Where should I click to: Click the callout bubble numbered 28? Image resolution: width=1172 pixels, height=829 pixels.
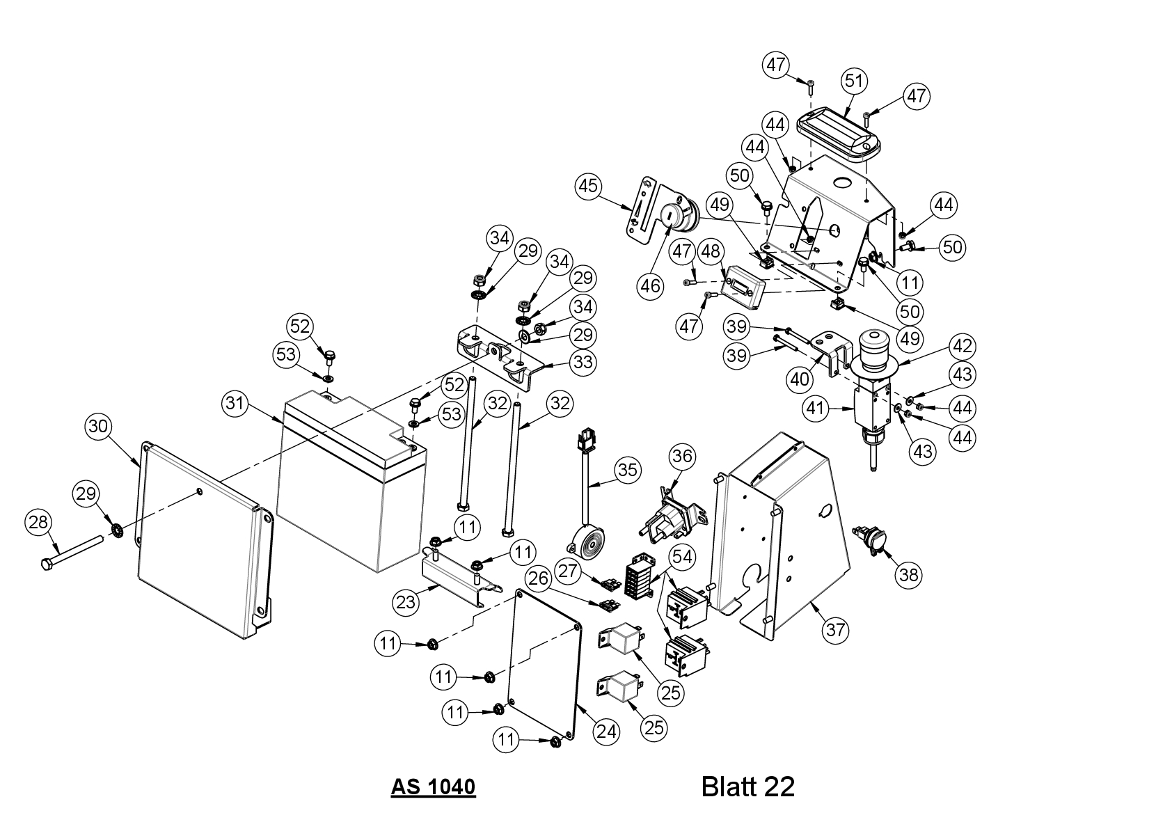click(39, 522)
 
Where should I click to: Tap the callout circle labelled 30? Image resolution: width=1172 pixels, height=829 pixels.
click(98, 427)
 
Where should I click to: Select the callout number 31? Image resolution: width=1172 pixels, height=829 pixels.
click(235, 404)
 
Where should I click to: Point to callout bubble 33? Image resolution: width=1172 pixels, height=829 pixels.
click(583, 362)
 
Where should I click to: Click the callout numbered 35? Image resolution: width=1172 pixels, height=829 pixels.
click(627, 470)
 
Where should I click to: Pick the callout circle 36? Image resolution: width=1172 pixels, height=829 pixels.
click(682, 457)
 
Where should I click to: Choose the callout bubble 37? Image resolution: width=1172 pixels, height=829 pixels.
click(835, 630)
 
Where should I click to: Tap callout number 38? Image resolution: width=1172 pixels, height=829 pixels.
click(909, 575)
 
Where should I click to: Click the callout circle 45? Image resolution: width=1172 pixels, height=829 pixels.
click(589, 186)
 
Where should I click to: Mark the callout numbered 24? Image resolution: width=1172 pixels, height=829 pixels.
click(606, 731)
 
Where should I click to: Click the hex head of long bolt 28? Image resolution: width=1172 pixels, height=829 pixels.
click(47, 564)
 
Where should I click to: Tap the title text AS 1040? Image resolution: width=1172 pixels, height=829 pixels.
click(433, 787)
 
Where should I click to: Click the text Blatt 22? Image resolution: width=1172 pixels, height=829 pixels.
click(747, 787)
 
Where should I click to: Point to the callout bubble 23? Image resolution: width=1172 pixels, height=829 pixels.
click(406, 602)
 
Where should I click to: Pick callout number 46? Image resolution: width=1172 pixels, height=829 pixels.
click(650, 286)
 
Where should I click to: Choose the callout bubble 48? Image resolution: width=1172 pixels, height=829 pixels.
click(711, 252)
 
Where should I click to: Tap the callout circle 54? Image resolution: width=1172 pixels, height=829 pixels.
click(682, 558)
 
